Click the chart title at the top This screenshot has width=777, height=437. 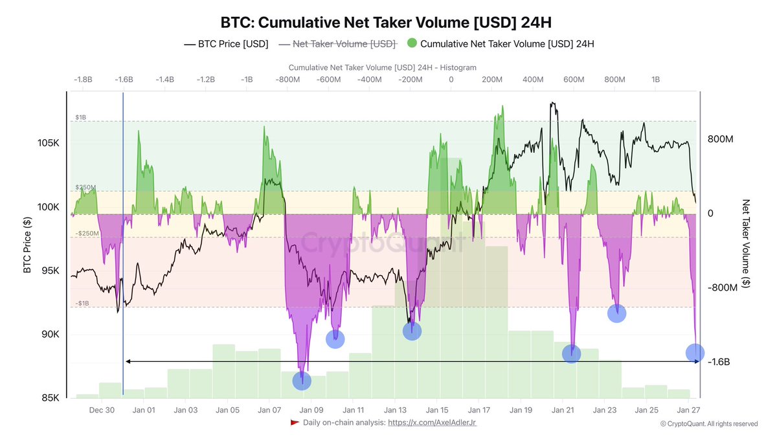[x=387, y=23]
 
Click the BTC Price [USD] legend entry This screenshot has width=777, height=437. [x=226, y=44]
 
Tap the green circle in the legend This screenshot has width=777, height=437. [x=412, y=44]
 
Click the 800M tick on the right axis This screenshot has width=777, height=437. [x=721, y=139]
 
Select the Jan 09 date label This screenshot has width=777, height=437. [x=311, y=410]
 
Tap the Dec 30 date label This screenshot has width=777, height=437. [x=102, y=410]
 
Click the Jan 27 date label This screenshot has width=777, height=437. [x=688, y=410]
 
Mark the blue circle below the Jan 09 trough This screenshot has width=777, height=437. [x=302, y=381]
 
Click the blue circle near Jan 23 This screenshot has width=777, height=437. [x=617, y=313]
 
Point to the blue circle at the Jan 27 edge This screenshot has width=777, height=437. [x=695, y=353]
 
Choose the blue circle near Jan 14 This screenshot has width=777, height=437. [x=412, y=331]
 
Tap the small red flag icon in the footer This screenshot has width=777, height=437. [x=295, y=423]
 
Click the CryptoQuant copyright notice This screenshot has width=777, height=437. [x=708, y=424]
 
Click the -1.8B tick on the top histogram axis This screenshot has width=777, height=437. [x=83, y=79]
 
